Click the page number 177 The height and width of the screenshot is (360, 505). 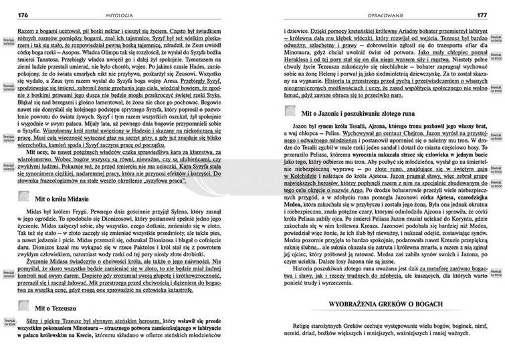point(482,14)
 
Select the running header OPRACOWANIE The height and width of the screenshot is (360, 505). point(376,14)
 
